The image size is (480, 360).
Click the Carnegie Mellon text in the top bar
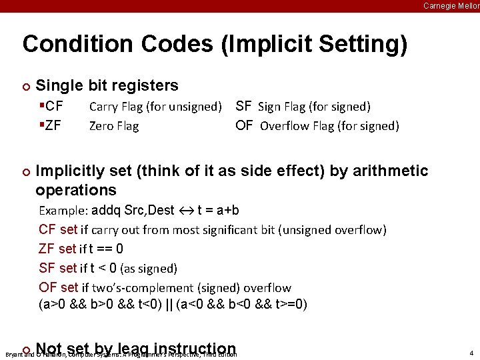[451, 6]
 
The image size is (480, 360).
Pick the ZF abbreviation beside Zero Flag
[53, 125]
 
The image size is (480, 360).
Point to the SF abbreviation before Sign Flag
[243, 106]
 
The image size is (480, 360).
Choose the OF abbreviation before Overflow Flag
[244, 125]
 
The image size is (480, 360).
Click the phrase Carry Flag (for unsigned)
[155, 106]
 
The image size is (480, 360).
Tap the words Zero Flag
[114, 125]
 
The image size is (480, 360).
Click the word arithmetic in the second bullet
[388, 171]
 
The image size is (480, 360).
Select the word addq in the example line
[106, 211]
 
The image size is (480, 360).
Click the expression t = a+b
[219, 211]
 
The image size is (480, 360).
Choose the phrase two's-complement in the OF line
[151, 288]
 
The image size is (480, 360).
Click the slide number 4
[471, 353]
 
